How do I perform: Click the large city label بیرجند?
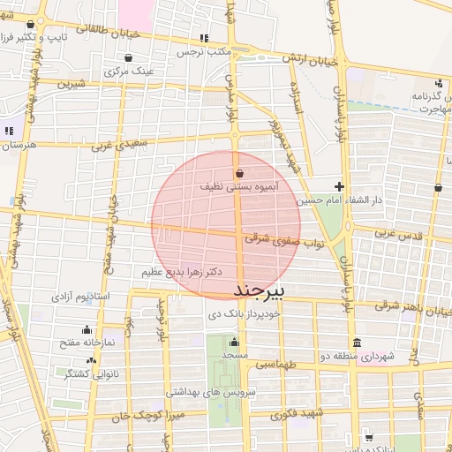260,290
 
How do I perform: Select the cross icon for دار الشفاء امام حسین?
339,186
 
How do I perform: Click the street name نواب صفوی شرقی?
270,238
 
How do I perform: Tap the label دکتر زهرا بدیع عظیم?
182,272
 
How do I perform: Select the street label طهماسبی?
275,364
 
